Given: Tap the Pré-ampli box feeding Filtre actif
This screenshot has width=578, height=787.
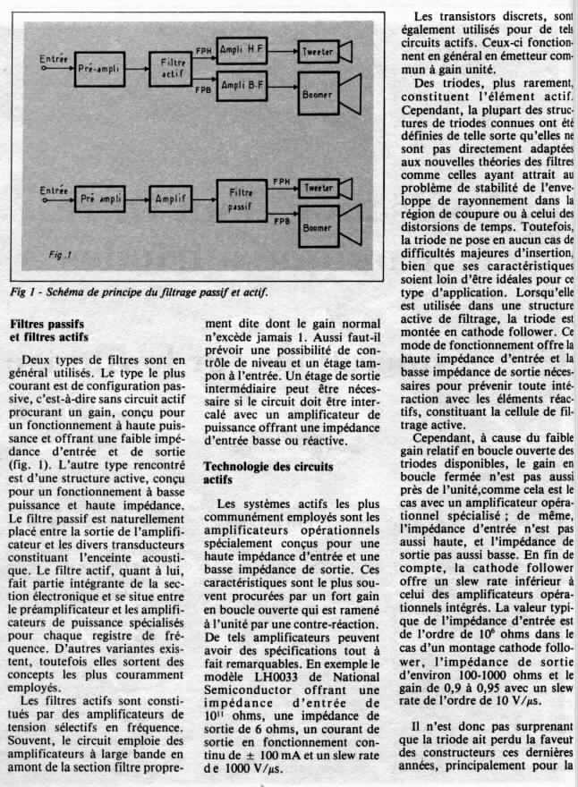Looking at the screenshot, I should pyautogui.click(x=98, y=68).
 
